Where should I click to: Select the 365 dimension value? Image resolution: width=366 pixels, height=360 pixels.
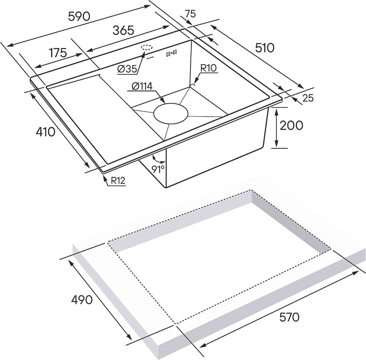click(x=123, y=31)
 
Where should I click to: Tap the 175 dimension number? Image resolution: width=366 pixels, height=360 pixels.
click(x=58, y=53)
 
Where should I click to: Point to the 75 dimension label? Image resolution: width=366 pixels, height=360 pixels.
click(x=190, y=14)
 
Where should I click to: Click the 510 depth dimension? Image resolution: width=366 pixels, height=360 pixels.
click(x=264, y=48)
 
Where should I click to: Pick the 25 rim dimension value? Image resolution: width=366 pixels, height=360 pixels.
click(x=308, y=98)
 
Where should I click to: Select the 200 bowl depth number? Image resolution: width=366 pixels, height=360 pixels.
click(x=291, y=125)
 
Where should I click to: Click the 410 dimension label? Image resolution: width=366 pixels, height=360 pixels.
click(x=46, y=132)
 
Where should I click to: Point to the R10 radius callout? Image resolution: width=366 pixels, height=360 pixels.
click(x=209, y=68)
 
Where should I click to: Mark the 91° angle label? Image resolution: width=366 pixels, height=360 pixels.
click(x=158, y=168)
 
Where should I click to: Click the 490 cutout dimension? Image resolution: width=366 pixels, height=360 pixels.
click(x=82, y=300)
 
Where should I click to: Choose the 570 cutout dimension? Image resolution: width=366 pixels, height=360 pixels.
click(x=289, y=317)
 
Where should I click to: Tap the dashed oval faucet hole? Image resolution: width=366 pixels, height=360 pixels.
click(x=147, y=48)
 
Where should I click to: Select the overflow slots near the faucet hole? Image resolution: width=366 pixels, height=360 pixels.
click(x=171, y=53)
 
